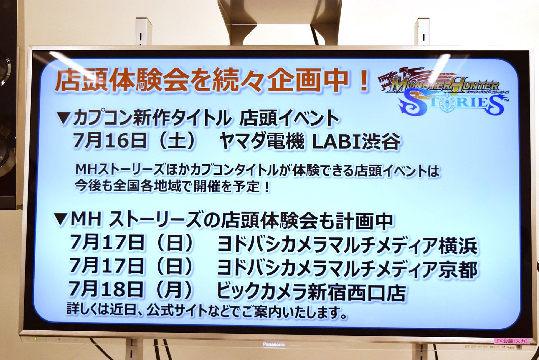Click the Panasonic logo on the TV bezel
tap(274, 345)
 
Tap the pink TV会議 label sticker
tap(512, 341)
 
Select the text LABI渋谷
tap(356, 142)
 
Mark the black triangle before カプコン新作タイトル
tap(64, 118)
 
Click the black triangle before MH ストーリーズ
tap(61, 220)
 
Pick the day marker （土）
tap(177, 141)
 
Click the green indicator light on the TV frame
tap(36, 339)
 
